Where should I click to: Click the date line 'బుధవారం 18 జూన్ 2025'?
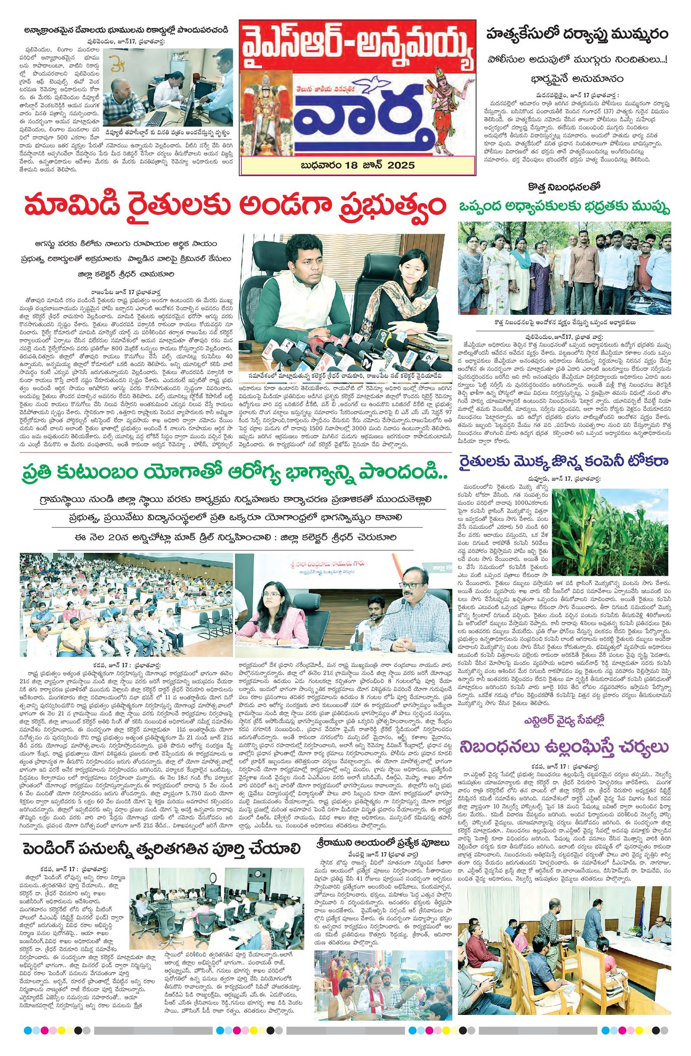coord(357,165)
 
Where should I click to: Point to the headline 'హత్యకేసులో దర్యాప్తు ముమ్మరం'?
coord(577,35)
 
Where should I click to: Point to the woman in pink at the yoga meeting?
coord(273,617)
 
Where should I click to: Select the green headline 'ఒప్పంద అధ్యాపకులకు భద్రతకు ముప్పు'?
coord(564,207)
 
